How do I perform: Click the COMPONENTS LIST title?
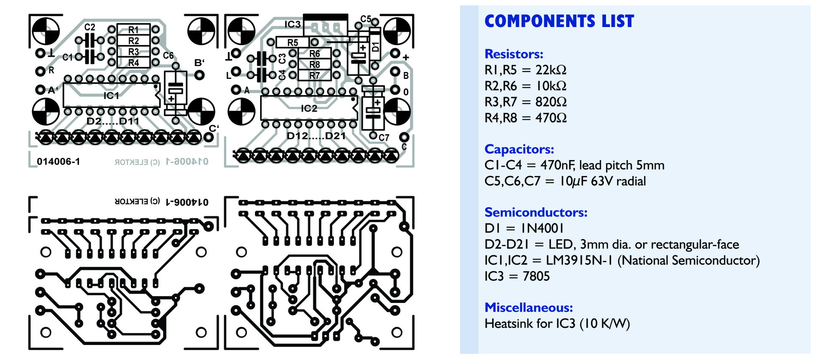[x=559, y=21]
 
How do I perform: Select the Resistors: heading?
[x=514, y=54]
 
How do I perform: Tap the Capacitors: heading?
[x=519, y=149]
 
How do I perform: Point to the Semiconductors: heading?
[x=536, y=212]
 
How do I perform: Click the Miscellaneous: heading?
[x=528, y=308]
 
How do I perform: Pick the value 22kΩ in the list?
[x=551, y=70]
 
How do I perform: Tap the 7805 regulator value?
[x=536, y=276]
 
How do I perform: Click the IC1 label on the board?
[x=111, y=95]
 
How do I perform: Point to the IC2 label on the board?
[x=309, y=108]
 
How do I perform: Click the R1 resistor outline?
[x=133, y=30]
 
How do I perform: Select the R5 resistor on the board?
[x=292, y=42]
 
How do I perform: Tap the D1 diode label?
[x=375, y=47]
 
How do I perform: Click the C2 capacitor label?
[x=90, y=27]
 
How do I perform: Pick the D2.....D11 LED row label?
[x=113, y=121]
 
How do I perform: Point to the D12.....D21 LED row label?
[x=316, y=136]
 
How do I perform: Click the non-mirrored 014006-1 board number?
[x=58, y=162]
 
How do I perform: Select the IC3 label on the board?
[x=293, y=24]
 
